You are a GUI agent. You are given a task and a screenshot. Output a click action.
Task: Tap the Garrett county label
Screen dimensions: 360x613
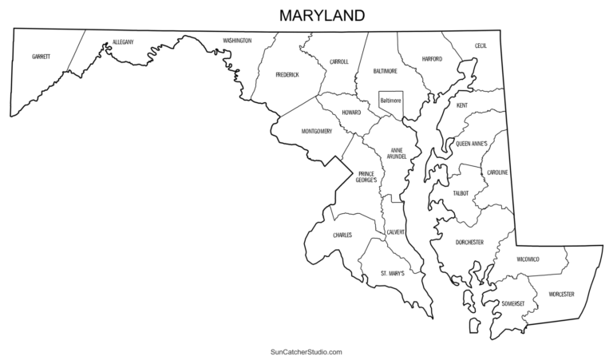(41, 57)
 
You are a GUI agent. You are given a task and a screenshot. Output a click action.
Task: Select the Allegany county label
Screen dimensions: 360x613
(123, 41)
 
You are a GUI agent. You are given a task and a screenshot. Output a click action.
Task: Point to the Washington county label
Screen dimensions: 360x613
(237, 40)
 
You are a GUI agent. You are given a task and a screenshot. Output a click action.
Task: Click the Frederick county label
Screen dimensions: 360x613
(287, 74)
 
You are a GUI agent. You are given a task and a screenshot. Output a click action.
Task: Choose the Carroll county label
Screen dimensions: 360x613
(338, 61)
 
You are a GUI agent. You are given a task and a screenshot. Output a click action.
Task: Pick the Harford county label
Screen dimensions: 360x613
(431, 58)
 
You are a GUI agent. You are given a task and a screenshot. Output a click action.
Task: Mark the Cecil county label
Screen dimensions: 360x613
(481, 45)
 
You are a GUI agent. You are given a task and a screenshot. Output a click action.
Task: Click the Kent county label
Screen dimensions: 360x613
(462, 105)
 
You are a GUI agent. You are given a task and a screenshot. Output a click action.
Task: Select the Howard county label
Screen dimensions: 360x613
(351, 113)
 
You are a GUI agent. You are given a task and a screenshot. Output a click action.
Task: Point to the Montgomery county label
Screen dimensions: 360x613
(317, 131)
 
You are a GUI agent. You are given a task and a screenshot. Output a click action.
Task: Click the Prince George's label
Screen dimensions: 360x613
(367, 177)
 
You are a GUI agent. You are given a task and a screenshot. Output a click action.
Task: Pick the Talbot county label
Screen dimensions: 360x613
(461, 193)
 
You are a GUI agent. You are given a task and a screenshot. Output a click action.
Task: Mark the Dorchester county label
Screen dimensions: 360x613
(469, 242)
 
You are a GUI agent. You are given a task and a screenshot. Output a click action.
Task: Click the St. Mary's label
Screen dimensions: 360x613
(392, 273)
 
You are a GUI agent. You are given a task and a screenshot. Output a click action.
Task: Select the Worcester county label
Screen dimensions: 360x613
(561, 295)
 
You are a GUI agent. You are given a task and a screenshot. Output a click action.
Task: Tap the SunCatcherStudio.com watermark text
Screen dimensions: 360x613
(306, 351)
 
